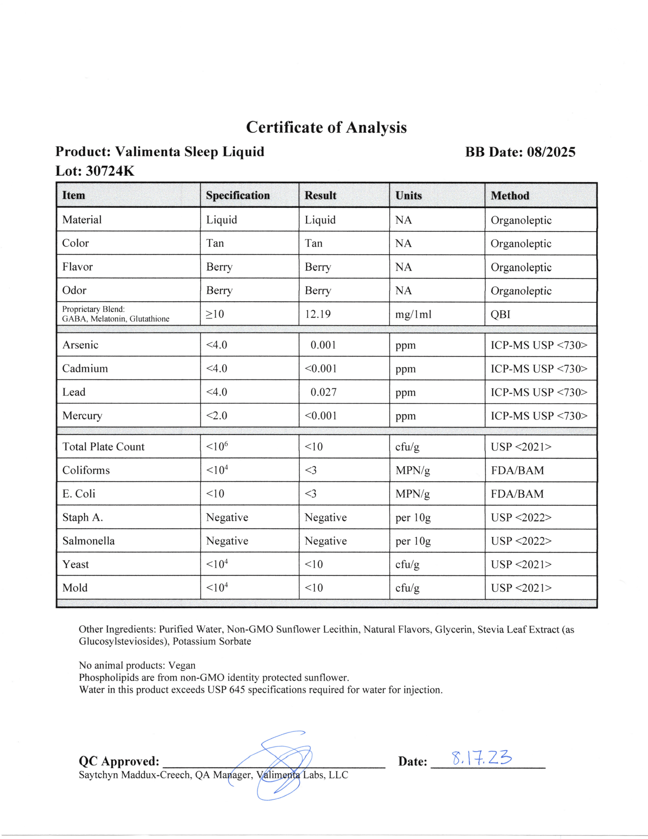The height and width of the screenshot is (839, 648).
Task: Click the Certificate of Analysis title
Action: pyautogui.click(x=326, y=128)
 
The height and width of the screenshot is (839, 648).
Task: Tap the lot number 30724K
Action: pyautogui.click(x=110, y=171)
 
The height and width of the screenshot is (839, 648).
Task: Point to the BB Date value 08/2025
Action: pyautogui.click(x=551, y=152)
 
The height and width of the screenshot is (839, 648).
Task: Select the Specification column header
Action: pyautogui.click(x=238, y=196)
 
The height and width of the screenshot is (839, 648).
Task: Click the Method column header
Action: pyautogui.click(x=510, y=196)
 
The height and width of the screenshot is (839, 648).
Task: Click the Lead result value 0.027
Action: pyautogui.click(x=323, y=392)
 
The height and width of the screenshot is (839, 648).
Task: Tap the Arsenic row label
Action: pyautogui.click(x=80, y=345)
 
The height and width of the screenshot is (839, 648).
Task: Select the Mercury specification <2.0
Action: pyautogui.click(x=216, y=416)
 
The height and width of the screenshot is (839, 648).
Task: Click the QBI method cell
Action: pyautogui.click(x=501, y=315)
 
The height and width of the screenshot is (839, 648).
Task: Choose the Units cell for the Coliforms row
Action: pyautogui.click(x=413, y=470)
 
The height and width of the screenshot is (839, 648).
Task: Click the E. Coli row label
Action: pyautogui.click(x=79, y=494)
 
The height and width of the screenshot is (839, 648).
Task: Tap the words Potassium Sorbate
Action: pyautogui.click(x=212, y=641)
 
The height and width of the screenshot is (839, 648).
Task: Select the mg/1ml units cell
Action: pyautogui.click(x=414, y=315)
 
